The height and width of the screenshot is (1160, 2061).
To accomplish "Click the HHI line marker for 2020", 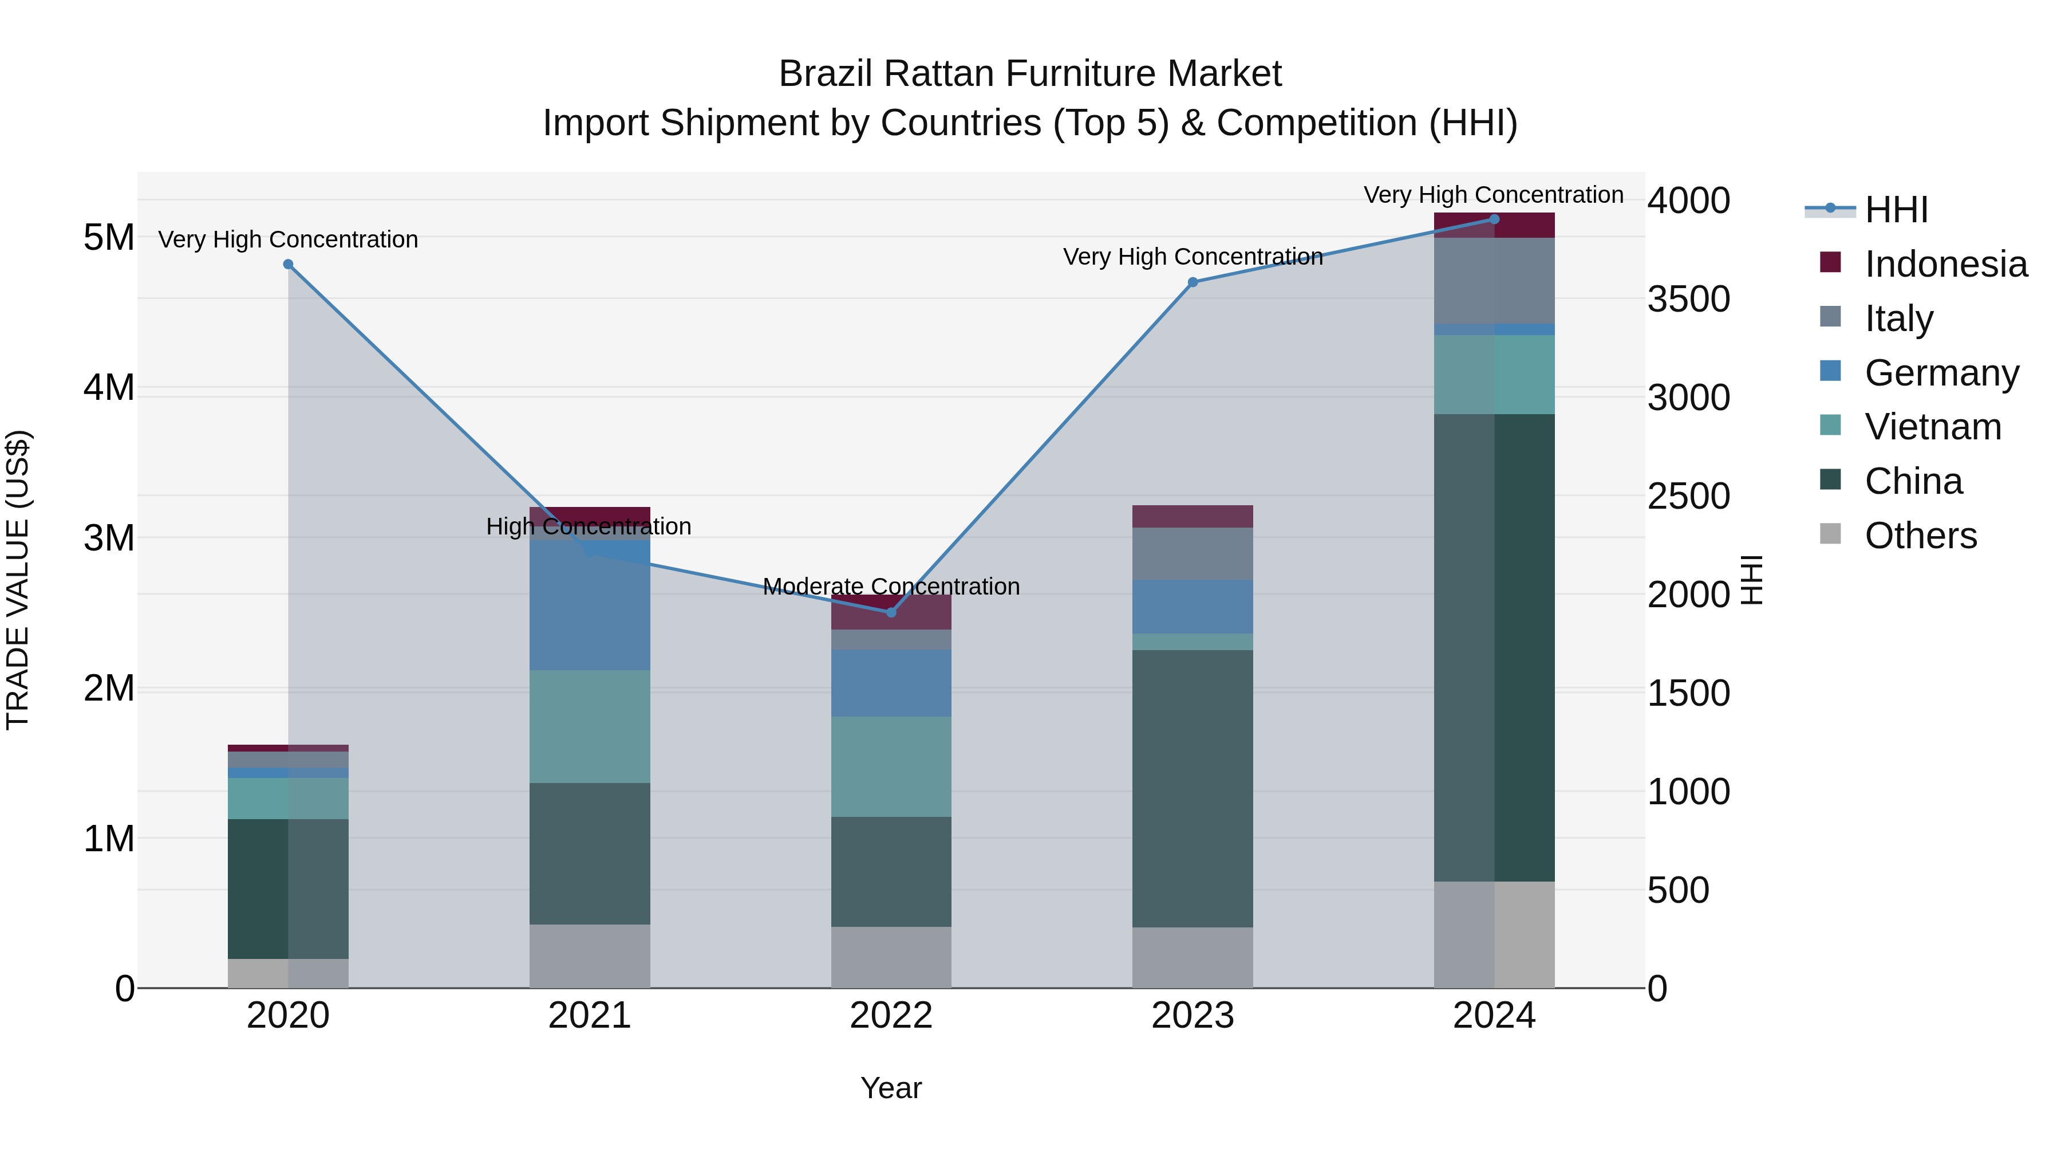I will [288, 264].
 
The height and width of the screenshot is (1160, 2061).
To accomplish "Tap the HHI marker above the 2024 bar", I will [1494, 219].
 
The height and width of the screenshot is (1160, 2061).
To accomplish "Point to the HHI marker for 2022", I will [891, 612].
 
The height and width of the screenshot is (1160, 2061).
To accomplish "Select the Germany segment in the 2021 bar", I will [590, 608].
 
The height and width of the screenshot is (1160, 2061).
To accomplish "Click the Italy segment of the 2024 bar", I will [1494, 280].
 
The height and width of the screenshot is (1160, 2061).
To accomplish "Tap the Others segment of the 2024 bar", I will [1494, 934].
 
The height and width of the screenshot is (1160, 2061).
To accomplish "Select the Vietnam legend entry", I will [1932, 427].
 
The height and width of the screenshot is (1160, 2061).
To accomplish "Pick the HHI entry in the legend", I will [1896, 210].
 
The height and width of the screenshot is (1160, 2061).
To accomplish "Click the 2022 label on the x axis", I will [891, 1016].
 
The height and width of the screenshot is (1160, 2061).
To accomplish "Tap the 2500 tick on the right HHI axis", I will [1688, 496].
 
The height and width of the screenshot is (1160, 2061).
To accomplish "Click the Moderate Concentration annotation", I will [891, 587].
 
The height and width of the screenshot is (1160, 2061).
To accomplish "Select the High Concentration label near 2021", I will [589, 527].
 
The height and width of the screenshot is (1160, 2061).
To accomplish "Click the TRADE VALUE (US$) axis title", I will [18, 580].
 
